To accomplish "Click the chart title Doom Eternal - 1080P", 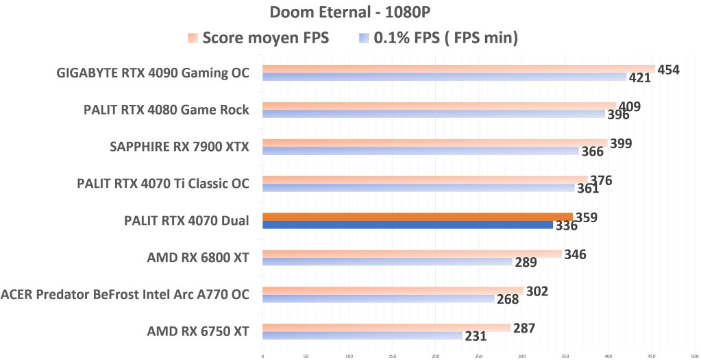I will click(350, 12).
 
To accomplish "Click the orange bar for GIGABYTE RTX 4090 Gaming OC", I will click(458, 69).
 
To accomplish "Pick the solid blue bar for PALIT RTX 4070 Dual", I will click(408, 225).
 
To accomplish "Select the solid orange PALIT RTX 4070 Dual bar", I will click(417, 217).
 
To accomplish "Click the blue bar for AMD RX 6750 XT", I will click(362, 335).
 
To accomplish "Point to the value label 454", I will click(667, 69).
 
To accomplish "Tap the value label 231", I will click(476, 337).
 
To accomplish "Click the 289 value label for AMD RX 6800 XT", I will click(526, 263).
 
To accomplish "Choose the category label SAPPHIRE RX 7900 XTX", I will click(180, 147).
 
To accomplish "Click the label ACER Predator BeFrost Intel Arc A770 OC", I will click(125, 295).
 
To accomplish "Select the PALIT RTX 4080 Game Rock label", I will click(167, 110).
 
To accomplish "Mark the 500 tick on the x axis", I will click(695, 355).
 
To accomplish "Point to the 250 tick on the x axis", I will click(478, 355).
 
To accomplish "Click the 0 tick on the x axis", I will click(262, 355).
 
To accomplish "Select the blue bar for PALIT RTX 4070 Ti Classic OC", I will click(418, 188).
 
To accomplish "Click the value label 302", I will click(538, 291).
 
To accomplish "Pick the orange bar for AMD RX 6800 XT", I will click(412, 254).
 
